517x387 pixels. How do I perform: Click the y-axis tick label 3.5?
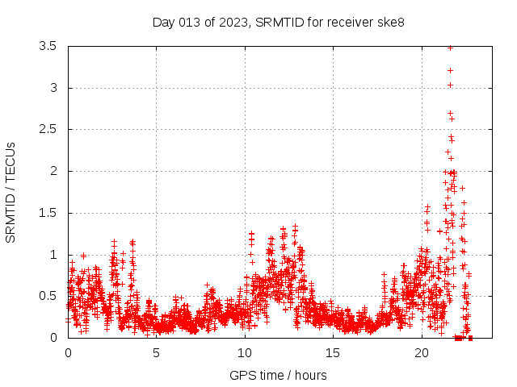point(48,46)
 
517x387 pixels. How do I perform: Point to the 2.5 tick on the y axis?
point(48,129)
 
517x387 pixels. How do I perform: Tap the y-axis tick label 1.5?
point(48,213)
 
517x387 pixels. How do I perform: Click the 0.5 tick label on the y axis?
point(48,296)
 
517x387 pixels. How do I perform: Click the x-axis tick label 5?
point(157,353)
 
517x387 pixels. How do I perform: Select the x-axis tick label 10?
point(245,353)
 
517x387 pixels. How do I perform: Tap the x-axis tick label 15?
point(334,353)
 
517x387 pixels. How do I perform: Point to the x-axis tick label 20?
point(422,353)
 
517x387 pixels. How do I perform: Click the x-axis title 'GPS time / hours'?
point(278,375)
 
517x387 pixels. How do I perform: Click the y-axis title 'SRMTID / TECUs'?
point(11,192)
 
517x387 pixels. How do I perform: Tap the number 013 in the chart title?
point(191,22)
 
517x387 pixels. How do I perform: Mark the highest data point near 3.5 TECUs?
point(450,48)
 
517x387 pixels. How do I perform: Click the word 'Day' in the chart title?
point(164,22)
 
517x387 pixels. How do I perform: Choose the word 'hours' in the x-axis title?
point(310,375)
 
